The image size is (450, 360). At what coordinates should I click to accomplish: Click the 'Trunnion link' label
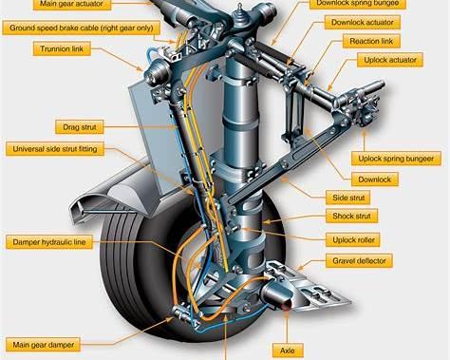point(62,49)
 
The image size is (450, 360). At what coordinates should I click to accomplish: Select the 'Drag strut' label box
point(80,127)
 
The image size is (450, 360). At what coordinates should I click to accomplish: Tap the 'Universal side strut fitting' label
point(55,149)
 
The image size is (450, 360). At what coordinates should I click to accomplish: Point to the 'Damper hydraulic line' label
point(49,242)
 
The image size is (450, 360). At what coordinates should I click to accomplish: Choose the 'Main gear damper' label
point(43,345)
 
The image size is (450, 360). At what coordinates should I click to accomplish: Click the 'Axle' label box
point(288,351)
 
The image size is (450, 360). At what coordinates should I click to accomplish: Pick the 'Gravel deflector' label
point(359,261)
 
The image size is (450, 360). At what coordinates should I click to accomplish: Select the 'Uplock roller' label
point(353,240)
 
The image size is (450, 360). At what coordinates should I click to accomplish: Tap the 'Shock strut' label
point(351,216)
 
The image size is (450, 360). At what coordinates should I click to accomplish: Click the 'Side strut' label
point(348,198)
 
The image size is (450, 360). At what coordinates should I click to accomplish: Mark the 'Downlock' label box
point(375,180)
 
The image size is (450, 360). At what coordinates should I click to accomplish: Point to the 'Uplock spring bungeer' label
point(396,159)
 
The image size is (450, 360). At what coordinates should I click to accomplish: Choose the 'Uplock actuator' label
point(390,60)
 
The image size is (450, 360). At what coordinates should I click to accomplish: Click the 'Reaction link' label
point(371,41)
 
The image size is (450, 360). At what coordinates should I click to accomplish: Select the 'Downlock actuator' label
point(363,23)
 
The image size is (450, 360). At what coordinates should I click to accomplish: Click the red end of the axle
point(287,305)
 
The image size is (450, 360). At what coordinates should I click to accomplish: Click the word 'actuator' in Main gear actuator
point(90,4)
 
